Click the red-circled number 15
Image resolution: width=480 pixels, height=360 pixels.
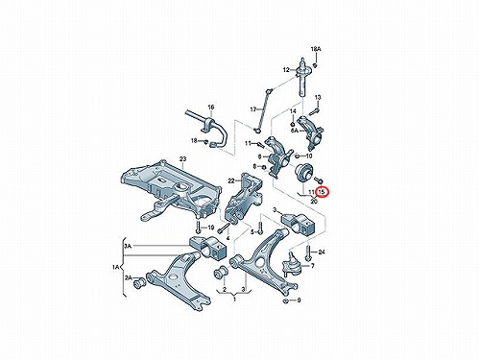pyautogui.click(x=322, y=192)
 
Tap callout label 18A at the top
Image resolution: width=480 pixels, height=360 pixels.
pyautogui.click(x=316, y=49)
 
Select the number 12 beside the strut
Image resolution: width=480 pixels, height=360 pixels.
pyautogui.click(x=286, y=70)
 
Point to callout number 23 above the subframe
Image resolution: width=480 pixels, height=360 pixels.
pyautogui.click(x=182, y=159)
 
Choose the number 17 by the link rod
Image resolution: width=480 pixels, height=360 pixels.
pyautogui.click(x=253, y=109)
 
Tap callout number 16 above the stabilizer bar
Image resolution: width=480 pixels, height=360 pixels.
pyautogui.click(x=210, y=108)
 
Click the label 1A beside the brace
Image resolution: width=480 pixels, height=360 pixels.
pyautogui.click(x=116, y=267)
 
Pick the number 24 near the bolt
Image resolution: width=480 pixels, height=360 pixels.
pyautogui.click(x=322, y=252)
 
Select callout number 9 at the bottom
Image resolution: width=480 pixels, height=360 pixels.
pyautogui.click(x=299, y=300)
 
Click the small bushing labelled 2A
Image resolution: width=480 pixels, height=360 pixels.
pyautogui.click(x=139, y=283)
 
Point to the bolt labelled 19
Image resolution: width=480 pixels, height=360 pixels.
pyautogui.click(x=198, y=228)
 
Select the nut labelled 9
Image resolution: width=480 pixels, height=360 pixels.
pyautogui.click(x=287, y=300)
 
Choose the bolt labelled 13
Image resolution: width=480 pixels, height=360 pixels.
pyautogui.click(x=314, y=112)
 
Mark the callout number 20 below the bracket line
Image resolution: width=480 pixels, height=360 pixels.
pyautogui.click(x=314, y=202)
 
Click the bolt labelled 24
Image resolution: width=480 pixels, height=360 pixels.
pyautogui.click(x=308, y=253)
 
